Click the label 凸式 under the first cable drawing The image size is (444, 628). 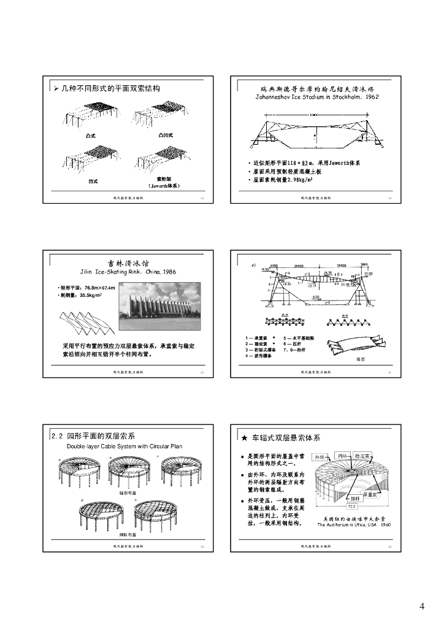[x=91, y=135]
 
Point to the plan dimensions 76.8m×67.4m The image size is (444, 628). [x=94, y=288]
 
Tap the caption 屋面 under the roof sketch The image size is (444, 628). [x=361, y=359]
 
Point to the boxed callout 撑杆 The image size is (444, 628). [x=355, y=499]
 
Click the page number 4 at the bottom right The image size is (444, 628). [x=421, y=607]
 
